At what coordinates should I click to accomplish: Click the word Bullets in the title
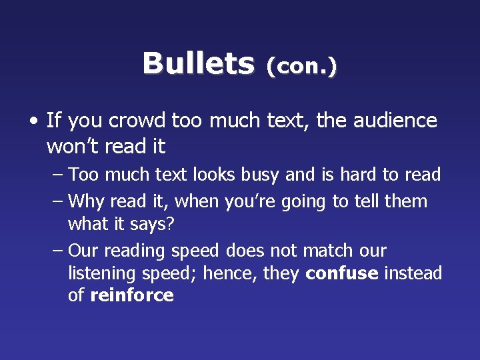click(x=198, y=64)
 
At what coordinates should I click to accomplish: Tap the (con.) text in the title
click(x=301, y=66)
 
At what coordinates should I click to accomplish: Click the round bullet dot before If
click(x=33, y=121)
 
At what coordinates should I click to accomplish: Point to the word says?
click(x=149, y=224)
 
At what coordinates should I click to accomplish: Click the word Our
click(x=83, y=251)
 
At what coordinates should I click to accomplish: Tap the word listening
click(x=102, y=274)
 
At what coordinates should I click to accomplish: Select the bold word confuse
click(x=342, y=273)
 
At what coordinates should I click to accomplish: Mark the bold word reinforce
click(x=131, y=296)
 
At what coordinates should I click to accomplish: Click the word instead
click(x=413, y=273)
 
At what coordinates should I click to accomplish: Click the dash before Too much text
click(x=57, y=175)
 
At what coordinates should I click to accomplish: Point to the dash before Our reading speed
click(x=57, y=251)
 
